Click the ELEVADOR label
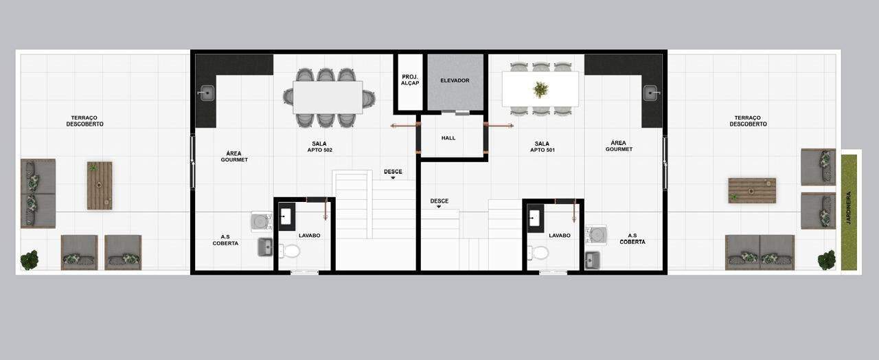[x=455, y=80]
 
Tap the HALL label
[x=448, y=138]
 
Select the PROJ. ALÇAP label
[x=410, y=80]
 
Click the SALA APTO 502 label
[x=319, y=147]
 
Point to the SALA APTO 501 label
[x=542, y=147]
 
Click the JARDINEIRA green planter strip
[x=849, y=212]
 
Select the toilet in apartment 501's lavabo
[x=538, y=252]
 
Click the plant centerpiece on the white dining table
[x=540, y=89]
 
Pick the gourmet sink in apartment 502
[x=206, y=93]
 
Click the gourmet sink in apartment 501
[x=652, y=93]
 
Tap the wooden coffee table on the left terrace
[x=100, y=185]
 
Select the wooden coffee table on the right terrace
[x=752, y=190]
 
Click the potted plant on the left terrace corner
[x=30, y=260]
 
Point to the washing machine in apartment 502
[x=262, y=222]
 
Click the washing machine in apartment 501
[x=596, y=234]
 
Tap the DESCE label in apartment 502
[x=393, y=172]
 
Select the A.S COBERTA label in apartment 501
[x=632, y=238]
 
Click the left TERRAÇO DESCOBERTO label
[x=84, y=121]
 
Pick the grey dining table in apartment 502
[x=328, y=98]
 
